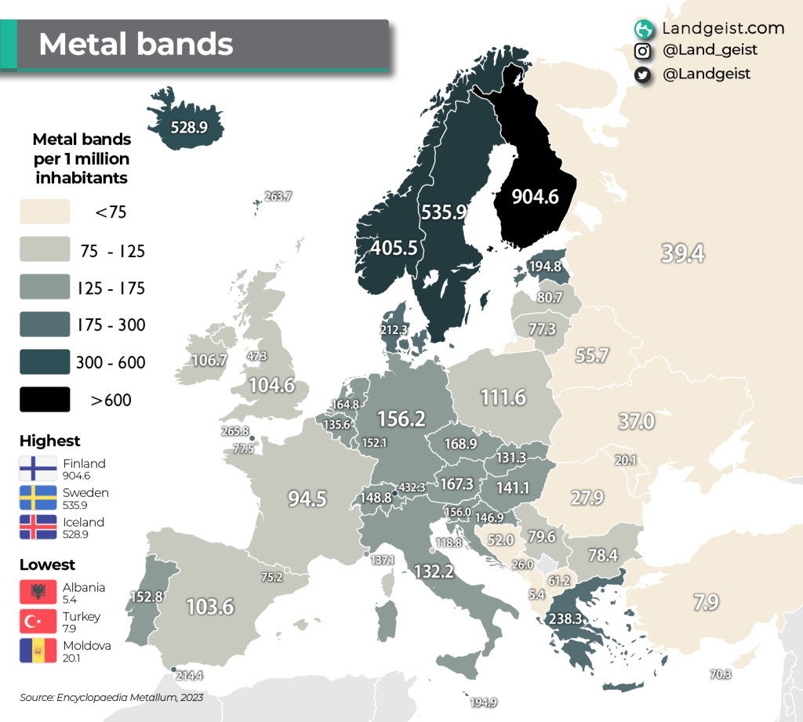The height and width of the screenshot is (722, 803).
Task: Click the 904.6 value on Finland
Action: click(535, 197)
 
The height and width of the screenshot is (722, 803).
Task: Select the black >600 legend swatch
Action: click(45, 400)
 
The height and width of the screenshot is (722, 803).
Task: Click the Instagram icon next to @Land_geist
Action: click(643, 51)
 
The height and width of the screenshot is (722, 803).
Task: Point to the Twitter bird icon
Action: click(643, 74)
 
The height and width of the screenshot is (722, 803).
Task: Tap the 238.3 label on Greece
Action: click(564, 618)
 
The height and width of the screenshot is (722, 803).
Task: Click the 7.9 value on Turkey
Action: click(706, 602)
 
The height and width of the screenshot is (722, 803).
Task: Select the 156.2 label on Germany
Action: click(401, 419)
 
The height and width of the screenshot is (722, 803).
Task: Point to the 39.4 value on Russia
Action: click(682, 253)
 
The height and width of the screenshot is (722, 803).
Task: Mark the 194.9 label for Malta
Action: click(484, 702)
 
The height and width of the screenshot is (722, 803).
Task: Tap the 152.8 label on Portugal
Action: click(145, 597)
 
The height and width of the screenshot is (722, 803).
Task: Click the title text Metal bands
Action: click(136, 44)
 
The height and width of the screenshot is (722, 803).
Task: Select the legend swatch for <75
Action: click(45, 211)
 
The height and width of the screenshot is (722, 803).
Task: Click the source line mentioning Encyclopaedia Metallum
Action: click(111, 696)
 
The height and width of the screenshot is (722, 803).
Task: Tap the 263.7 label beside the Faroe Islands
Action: click(278, 196)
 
